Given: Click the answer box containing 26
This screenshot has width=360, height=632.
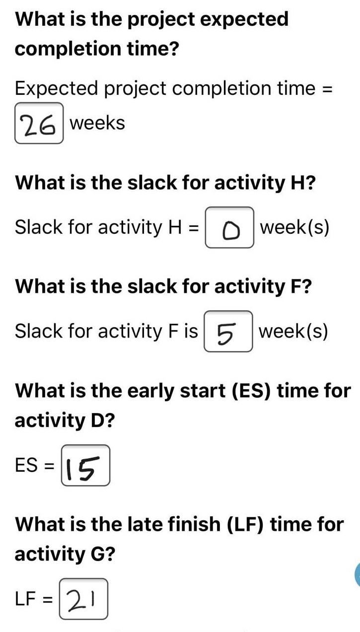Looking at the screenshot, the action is pos(39,123).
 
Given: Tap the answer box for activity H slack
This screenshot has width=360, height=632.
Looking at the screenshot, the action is pos(229,228).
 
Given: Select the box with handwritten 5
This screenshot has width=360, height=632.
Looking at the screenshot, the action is pos(228,331).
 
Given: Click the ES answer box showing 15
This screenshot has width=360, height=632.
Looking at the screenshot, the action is pos(85,465).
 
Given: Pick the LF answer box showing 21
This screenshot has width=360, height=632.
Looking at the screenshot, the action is pos(83,599).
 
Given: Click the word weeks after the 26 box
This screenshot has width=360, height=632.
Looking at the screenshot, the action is pos(97,123).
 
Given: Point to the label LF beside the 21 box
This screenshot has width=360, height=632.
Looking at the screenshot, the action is pos(26,599).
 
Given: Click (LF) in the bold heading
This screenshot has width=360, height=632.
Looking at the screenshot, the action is pos(245,524).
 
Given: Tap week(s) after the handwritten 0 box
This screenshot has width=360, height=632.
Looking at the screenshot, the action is pos(294,227).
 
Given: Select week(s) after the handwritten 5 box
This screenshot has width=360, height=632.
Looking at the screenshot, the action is pos(293,331).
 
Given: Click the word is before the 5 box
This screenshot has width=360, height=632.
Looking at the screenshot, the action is pos(191,331).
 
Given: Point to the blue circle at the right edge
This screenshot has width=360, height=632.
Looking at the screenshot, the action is pos(357,574).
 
